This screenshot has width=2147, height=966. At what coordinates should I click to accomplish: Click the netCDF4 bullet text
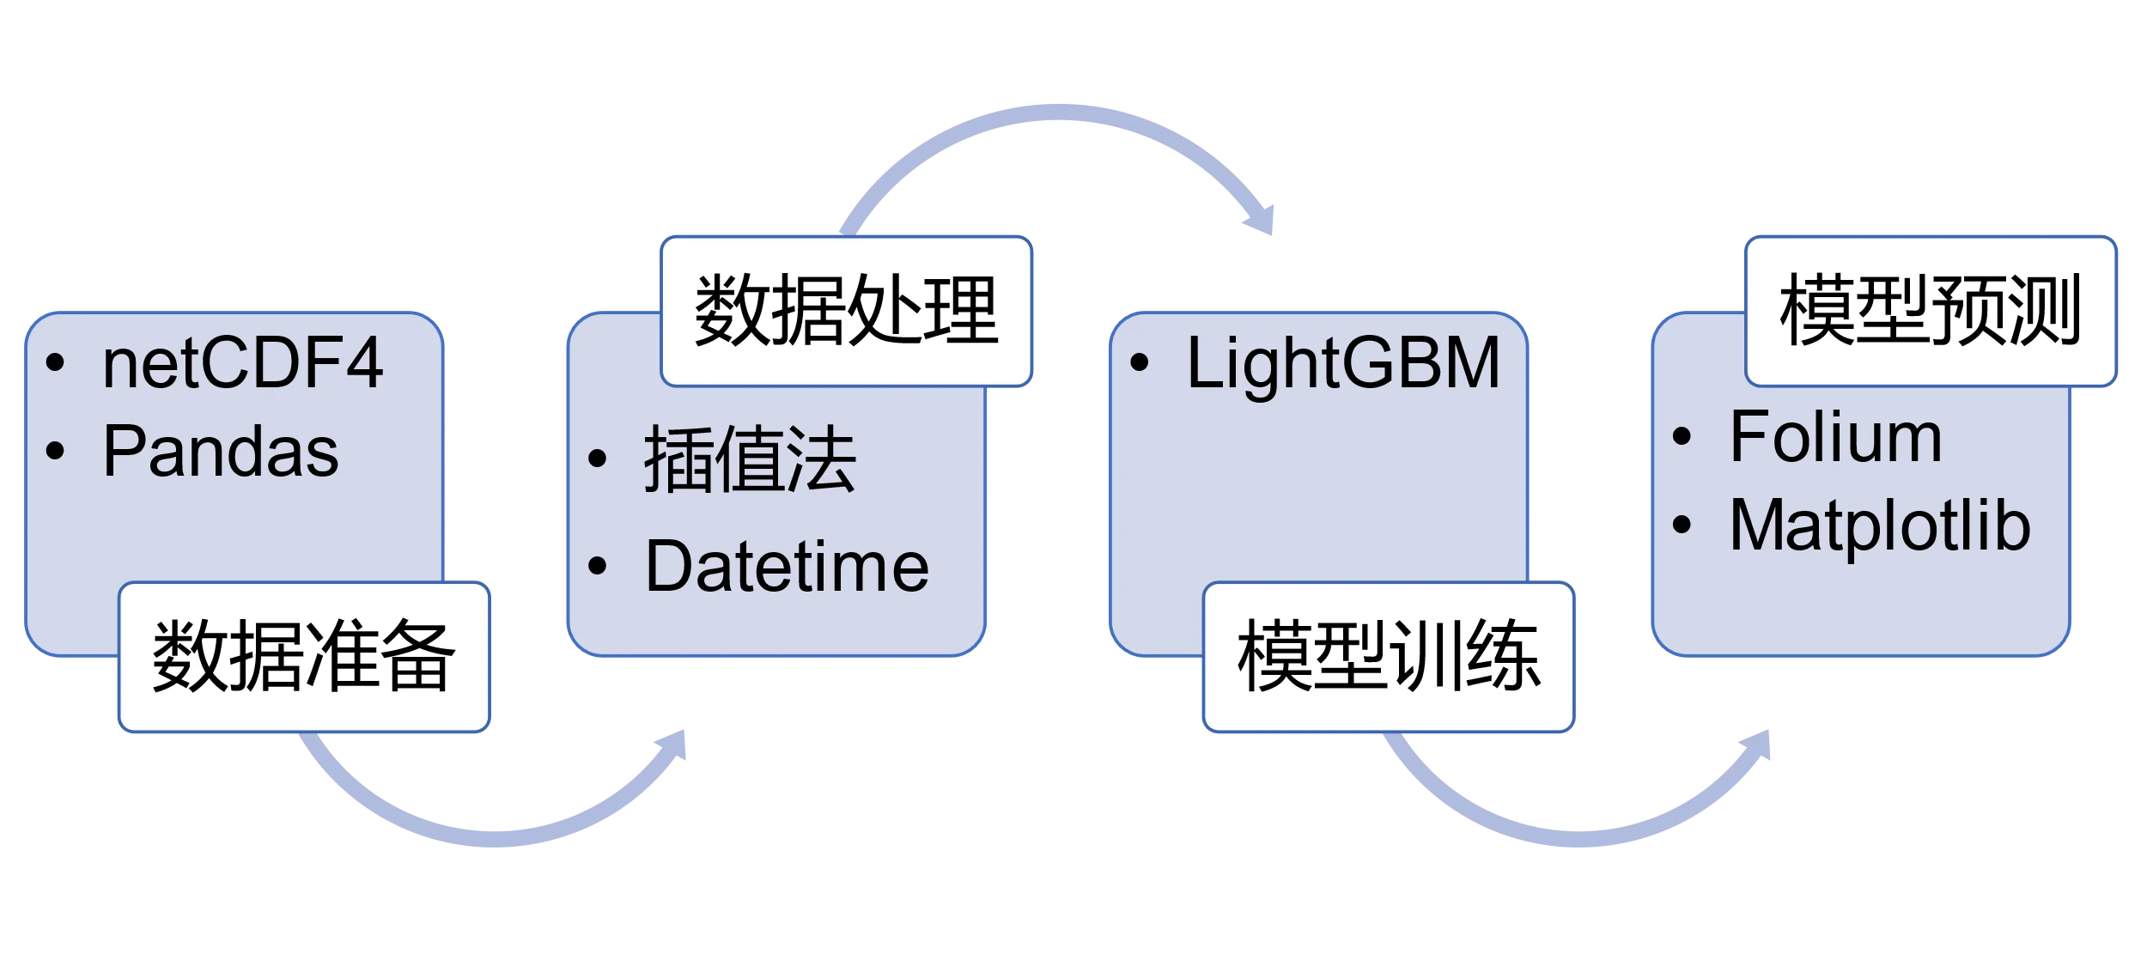(x=242, y=364)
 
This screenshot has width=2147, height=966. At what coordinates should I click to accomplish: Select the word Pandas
(x=221, y=452)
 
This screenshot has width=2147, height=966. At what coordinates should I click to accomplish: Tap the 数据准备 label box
(x=303, y=657)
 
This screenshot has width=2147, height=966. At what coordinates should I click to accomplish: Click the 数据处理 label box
(x=845, y=311)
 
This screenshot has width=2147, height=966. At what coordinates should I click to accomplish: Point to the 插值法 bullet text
(x=750, y=460)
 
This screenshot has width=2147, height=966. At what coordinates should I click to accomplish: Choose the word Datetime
(x=787, y=567)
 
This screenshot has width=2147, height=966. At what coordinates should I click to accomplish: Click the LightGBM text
(x=1342, y=364)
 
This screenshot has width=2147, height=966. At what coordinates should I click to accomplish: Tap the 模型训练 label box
(x=1388, y=657)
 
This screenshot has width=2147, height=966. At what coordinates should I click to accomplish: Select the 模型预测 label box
(x=1930, y=311)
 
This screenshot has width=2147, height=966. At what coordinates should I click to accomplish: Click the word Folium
(x=1835, y=438)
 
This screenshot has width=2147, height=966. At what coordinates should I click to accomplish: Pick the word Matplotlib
(x=1880, y=526)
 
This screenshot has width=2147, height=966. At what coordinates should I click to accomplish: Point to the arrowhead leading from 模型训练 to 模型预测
(x=1757, y=745)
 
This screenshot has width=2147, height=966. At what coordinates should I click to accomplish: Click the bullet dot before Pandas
(x=56, y=451)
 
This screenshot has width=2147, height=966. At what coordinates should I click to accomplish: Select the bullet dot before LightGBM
(x=1140, y=363)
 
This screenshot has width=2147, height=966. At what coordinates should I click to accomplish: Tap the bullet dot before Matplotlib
(x=1682, y=525)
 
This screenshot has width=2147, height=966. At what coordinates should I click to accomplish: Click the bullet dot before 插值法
(x=598, y=459)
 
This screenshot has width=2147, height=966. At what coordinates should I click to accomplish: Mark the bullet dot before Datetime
(x=598, y=566)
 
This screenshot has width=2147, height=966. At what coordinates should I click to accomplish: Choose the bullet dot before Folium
(x=1682, y=437)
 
